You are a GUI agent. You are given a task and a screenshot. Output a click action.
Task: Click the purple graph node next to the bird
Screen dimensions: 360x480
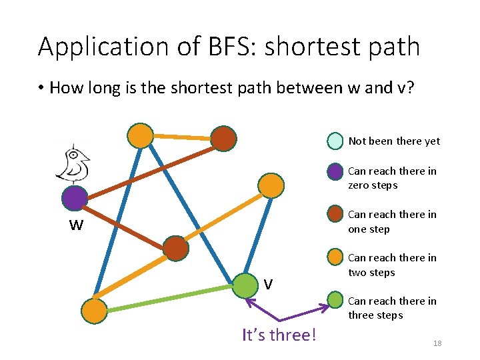click(x=75, y=197)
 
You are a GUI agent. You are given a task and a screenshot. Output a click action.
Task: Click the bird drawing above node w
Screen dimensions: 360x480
click(x=73, y=164)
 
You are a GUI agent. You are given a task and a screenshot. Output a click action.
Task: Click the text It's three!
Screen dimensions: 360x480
click(x=279, y=334)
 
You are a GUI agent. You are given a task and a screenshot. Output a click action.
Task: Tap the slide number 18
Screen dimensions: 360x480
click(x=437, y=343)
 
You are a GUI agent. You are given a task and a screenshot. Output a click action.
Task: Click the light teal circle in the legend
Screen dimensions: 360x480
click(x=335, y=141)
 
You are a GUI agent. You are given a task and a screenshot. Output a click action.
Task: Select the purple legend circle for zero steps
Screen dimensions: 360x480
click(x=335, y=171)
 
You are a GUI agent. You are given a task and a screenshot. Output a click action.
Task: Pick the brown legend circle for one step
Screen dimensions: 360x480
click(x=335, y=215)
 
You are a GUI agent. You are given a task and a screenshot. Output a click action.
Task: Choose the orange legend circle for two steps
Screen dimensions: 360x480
click(x=335, y=257)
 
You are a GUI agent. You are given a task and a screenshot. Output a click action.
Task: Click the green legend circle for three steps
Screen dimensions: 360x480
click(x=335, y=301)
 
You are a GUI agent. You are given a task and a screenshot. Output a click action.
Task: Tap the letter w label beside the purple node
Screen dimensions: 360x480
click(x=76, y=225)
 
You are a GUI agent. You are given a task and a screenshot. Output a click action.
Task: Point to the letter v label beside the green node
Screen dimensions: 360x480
click(x=267, y=285)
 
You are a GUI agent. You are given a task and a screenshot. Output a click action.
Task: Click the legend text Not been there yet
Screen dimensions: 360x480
click(x=394, y=141)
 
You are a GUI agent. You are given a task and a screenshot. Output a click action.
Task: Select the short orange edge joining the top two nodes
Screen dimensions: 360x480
click(x=181, y=137)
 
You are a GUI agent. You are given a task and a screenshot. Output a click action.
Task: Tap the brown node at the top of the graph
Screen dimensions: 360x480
click(x=223, y=138)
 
